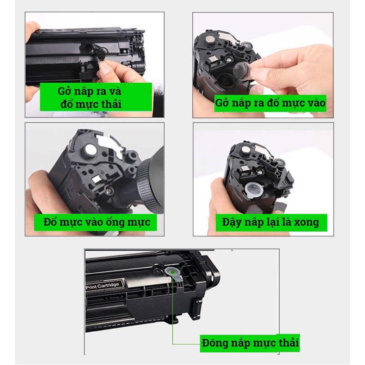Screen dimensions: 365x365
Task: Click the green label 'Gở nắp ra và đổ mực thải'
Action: pos(96,97)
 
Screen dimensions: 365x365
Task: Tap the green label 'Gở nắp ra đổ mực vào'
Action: pos(270,103)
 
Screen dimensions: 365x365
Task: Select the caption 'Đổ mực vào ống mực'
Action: pos(95,223)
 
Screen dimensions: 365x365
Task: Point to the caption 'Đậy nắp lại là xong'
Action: pos(272,223)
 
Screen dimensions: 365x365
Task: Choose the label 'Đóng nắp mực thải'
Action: pos(250,343)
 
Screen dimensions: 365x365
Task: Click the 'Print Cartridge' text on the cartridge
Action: pos(102,285)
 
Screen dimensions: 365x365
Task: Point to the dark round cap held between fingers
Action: pos(241,71)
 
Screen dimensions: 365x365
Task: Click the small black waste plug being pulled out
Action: pos(100,53)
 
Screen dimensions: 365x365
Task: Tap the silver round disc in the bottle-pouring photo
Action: pos(90,150)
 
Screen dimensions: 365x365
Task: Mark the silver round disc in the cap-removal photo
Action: pos(210,40)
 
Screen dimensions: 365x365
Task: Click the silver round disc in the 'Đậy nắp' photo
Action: pos(245,150)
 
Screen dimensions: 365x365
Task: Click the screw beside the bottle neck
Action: pos(107,191)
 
